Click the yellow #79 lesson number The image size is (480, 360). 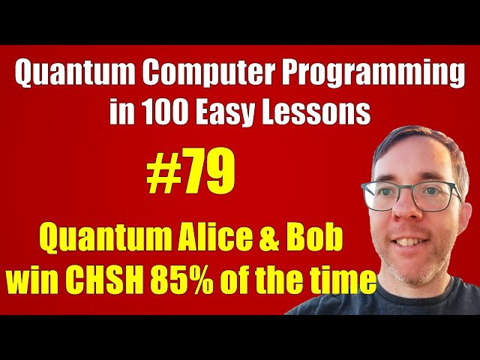[x=190, y=175]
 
